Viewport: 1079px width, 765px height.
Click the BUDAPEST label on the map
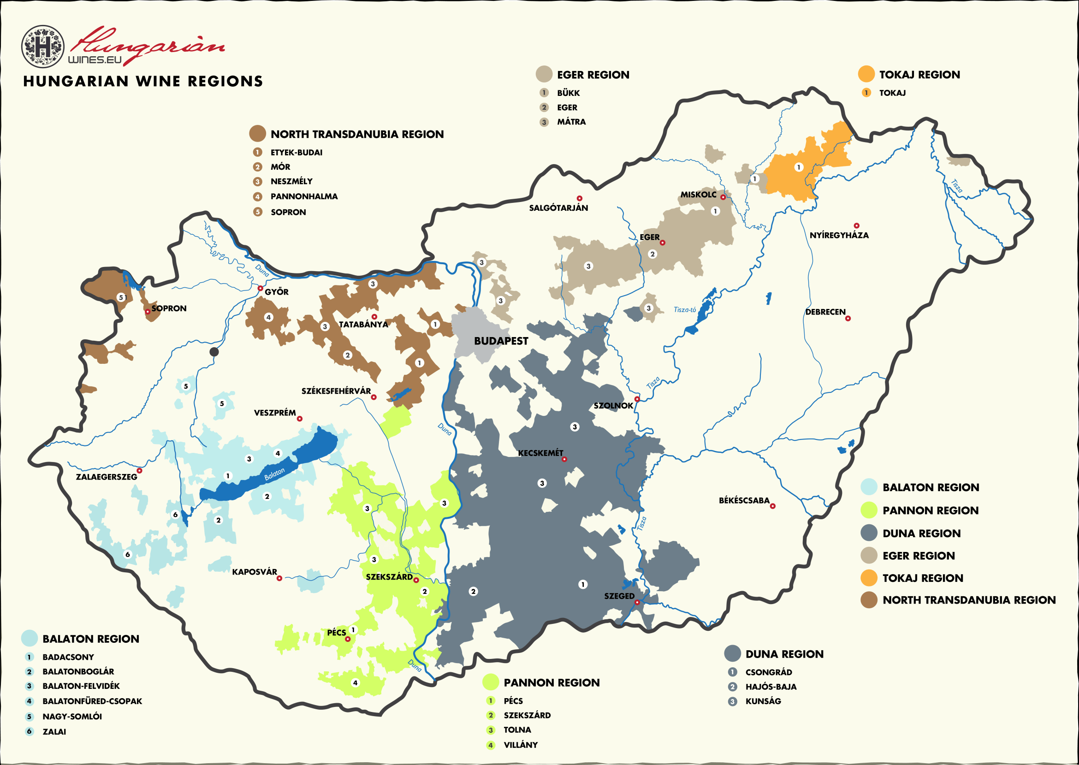click(501, 341)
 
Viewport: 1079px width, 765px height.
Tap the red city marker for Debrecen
click(848, 319)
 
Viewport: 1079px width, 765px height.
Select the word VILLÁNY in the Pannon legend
click(521, 745)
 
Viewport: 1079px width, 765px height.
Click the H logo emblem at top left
click(43, 47)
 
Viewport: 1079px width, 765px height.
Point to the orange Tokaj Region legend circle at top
click(866, 74)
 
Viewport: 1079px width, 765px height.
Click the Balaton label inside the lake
click(274, 474)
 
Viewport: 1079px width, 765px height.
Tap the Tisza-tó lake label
click(684, 309)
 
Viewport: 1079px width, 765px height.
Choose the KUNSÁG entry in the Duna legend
click(763, 701)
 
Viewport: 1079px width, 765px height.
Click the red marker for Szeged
click(637, 603)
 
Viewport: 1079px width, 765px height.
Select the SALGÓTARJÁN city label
click(558, 208)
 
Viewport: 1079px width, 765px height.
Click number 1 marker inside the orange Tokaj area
click(798, 167)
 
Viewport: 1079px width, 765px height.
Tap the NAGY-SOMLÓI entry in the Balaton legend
click(72, 717)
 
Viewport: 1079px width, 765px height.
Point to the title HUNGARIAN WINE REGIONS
click(142, 82)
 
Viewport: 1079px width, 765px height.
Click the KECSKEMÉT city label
click(540, 453)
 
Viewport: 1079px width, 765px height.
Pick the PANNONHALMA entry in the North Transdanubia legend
click(304, 196)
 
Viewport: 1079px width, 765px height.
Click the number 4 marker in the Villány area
click(355, 682)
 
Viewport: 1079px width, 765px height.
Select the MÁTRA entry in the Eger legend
click(571, 122)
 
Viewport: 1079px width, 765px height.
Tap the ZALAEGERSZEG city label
click(107, 477)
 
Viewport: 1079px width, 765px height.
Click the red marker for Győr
click(260, 288)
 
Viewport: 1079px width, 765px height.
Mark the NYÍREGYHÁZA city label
click(839, 235)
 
